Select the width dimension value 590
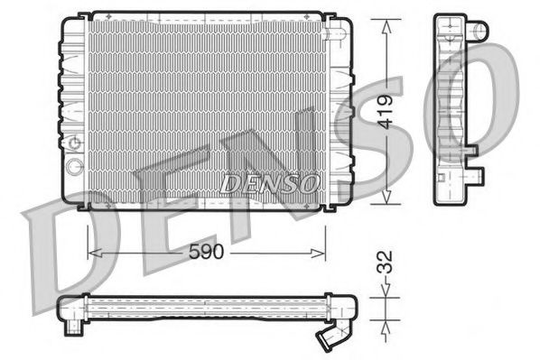[205, 254]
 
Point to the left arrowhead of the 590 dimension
[91, 254]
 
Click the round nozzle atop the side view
[479, 30]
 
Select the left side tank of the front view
[73, 108]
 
